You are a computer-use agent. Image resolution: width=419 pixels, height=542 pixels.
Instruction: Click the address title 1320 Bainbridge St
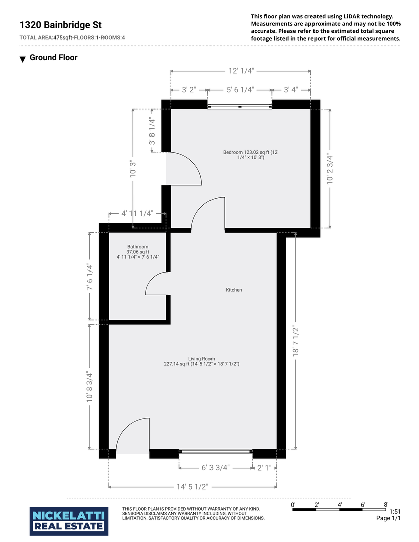tap(61, 25)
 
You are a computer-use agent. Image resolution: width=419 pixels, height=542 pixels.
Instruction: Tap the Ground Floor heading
tap(53, 57)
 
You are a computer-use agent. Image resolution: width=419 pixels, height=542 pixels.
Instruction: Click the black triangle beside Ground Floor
tap(23, 59)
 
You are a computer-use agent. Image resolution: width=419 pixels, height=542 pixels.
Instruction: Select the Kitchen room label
tap(234, 290)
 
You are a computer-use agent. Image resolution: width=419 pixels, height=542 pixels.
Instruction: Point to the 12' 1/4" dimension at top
tap(241, 71)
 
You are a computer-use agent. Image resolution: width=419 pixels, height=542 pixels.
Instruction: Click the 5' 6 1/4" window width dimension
tap(240, 90)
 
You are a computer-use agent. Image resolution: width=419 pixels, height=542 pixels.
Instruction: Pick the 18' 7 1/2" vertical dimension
tap(296, 340)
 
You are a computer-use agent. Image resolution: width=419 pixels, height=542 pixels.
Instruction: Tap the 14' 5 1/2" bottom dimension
tap(192, 487)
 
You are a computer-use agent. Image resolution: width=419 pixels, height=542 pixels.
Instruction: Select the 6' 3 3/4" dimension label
tap(216, 468)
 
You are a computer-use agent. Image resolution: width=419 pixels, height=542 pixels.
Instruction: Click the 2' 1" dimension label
tap(264, 468)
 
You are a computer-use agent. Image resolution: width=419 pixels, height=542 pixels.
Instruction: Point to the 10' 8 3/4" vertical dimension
tap(90, 387)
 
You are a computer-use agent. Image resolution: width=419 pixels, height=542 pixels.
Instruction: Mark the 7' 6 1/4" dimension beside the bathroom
tap(90, 277)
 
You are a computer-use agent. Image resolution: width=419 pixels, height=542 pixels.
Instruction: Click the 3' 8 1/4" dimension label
tap(152, 131)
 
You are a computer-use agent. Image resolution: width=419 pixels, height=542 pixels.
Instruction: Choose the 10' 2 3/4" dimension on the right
tap(330, 169)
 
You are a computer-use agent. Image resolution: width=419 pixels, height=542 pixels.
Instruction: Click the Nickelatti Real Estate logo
tap(68, 521)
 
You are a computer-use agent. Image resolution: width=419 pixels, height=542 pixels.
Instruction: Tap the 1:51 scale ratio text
tap(395, 512)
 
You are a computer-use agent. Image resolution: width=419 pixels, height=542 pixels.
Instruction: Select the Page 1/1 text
tap(388, 518)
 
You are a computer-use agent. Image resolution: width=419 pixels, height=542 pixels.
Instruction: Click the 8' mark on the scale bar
tap(386, 505)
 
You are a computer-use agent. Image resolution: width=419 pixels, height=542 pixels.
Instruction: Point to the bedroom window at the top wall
tap(240, 107)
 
